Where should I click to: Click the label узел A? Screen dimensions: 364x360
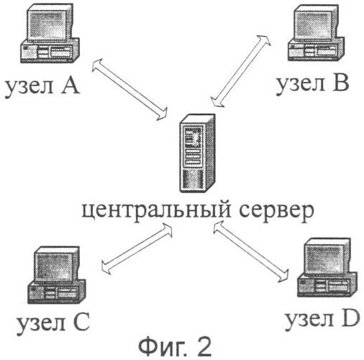tap(42, 87)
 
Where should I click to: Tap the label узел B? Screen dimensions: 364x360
tap(312, 84)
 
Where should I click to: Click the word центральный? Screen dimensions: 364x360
tap(157, 210)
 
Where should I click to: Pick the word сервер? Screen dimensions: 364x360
tap(276, 211)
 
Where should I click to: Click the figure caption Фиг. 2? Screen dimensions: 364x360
tap(175, 348)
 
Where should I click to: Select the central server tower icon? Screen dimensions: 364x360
tap(197, 153)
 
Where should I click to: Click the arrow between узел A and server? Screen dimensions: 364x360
tap(129, 89)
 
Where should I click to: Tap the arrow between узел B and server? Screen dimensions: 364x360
tap(240, 71)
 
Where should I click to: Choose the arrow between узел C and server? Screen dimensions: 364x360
tap(137, 248)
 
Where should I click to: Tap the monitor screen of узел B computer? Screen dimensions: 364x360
tap(315, 26)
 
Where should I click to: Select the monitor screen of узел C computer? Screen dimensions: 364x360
tap(55, 267)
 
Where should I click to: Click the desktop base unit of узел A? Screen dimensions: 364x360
tap(50, 51)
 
